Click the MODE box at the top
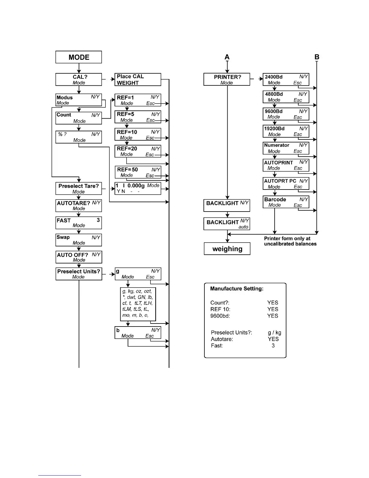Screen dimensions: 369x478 pyautogui.click(x=79, y=57)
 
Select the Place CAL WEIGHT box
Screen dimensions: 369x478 pyautogui.click(x=138, y=79)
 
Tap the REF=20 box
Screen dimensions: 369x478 pyautogui.click(x=138, y=151)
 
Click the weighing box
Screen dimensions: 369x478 pyautogui.click(x=227, y=249)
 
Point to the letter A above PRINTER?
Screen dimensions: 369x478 pyautogui.click(x=227, y=57)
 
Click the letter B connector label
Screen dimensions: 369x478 pyautogui.click(x=317, y=57)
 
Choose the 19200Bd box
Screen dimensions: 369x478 pyautogui.click(x=286, y=131)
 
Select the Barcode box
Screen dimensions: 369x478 pyautogui.click(x=286, y=202)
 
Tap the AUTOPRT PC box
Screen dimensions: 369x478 pyautogui.click(x=286, y=183)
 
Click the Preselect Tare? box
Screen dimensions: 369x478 pyautogui.click(x=79, y=188)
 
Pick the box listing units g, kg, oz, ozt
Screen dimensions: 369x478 pyautogui.click(x=138, y=304)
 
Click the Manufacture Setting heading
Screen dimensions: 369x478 pyautogui.click(x=237, y=288)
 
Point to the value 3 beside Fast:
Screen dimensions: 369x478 pyautogui.click(x=273, y=345)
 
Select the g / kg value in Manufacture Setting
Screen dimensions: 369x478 pyautogui.click(x=275, y=332)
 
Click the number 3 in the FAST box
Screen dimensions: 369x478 pyautogui.click(x=98, y=220)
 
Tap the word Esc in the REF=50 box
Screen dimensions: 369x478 pyautogui.click(x=150, y=175)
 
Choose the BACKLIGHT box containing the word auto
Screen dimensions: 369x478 pyautogui.click(x=227, y=224)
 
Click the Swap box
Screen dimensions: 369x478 pyautogui.click(x=79, y=240)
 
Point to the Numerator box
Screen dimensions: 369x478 pyautogui.click(x=286, y=148)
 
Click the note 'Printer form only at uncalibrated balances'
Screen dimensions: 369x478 pyautogui.click(x=290, y=241)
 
